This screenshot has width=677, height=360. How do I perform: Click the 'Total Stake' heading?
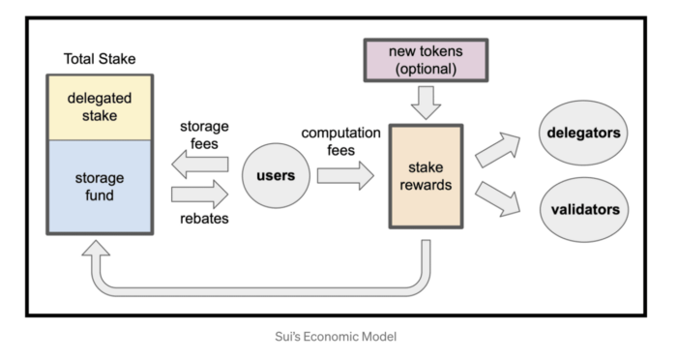point(99,58)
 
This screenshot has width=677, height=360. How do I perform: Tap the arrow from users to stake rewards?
point(344,176)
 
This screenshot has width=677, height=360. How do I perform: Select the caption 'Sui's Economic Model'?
point(338,337)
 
